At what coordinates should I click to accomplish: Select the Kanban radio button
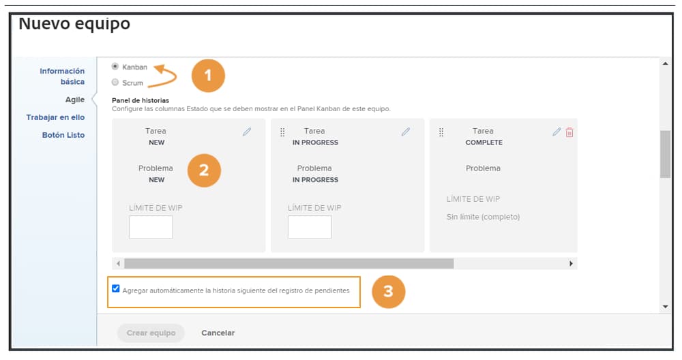tap(115, 67)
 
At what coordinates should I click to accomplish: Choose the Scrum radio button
tap(115, 82)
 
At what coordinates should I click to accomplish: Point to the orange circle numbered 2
tap(203, 170)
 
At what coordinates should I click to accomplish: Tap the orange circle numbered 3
tap(388, 291)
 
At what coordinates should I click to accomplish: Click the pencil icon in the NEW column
tap(247, 132)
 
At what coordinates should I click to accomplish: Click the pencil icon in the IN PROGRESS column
tap(406, 132)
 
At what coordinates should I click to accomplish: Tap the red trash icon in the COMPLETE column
tap(569, 132)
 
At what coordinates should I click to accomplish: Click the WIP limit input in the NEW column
tap(151, 227)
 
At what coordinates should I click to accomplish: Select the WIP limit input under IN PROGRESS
tap(310, 227)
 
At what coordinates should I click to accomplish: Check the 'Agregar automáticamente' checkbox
tap(116, 288)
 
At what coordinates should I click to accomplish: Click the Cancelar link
tap(218, 333)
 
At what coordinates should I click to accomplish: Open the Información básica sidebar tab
tap(62, 76)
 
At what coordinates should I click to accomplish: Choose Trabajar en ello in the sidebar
tap(55, 117)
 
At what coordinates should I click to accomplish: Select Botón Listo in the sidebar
tap(63, 135)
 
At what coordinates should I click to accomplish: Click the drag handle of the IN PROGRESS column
tap(282, 132)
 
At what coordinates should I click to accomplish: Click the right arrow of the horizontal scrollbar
tap(572, 263)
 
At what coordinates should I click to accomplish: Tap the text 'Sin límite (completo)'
tap(483, 217)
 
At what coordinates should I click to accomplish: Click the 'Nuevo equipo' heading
tap(74, 25)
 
